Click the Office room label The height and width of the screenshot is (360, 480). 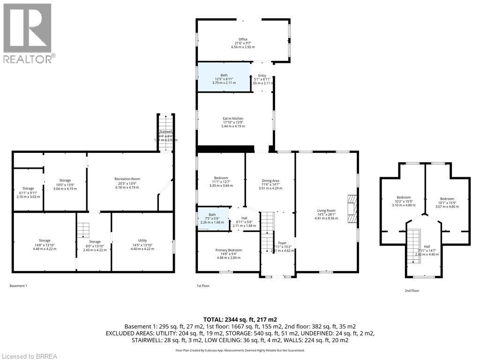[242, 39]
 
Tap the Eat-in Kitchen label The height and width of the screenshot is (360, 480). [233, 119]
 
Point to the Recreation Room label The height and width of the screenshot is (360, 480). [127, 179]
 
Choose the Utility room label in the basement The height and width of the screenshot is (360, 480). [142, 240]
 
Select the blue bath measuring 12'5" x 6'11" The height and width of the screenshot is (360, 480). [223, 77]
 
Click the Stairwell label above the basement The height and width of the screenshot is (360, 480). [165, 132]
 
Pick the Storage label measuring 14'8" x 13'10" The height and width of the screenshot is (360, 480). [45, 240]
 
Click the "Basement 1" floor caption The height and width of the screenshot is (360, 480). [18, 286]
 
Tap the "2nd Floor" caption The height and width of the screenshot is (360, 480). [412, 291]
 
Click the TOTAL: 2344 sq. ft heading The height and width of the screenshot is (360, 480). [240, 319]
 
